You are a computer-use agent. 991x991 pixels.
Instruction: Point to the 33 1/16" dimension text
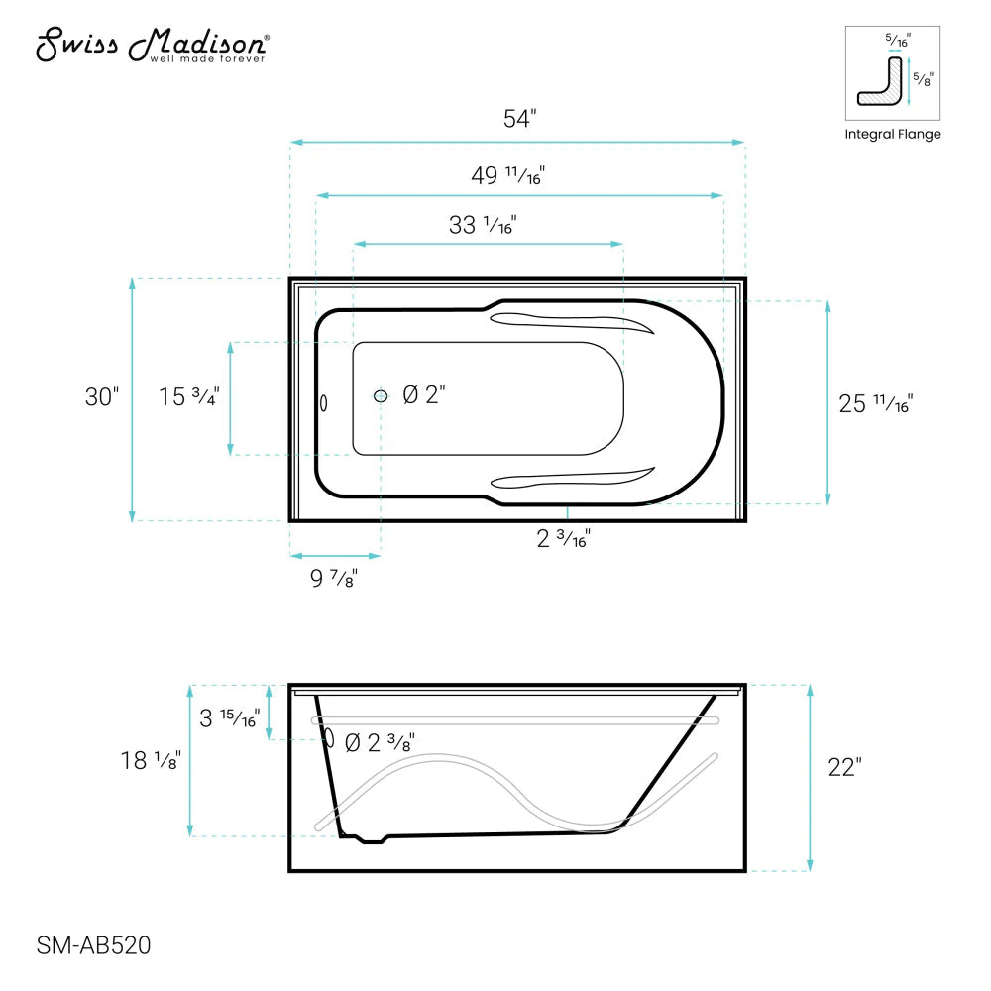[x=483, y=225]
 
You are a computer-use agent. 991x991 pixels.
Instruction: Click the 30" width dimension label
[x=102, y=397]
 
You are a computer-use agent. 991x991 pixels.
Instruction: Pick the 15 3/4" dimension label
[x=189, y=397]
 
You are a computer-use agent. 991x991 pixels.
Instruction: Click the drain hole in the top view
[x=382, y=396]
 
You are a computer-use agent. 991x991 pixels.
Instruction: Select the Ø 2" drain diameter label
[x=424, y=395]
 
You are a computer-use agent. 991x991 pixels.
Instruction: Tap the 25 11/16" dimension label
[x=875, y=403]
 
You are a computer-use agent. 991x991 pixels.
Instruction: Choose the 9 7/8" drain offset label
[x=334, y=579]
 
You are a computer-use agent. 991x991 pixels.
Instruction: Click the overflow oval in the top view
[x=323, y=402]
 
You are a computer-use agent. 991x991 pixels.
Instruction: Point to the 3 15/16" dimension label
[x=229, y=718]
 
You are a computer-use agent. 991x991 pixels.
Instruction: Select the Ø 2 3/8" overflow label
[x=380, y=742]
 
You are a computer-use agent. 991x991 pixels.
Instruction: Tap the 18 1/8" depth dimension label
[x=150, y=761]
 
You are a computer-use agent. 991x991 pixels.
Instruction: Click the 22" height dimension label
[x=844, y=767]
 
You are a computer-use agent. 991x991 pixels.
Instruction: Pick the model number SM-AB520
[x=93, y=946]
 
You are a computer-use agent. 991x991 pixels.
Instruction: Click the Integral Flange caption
[x=892, y=135]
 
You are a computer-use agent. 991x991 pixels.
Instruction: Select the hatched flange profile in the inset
[x=879, y=87]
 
